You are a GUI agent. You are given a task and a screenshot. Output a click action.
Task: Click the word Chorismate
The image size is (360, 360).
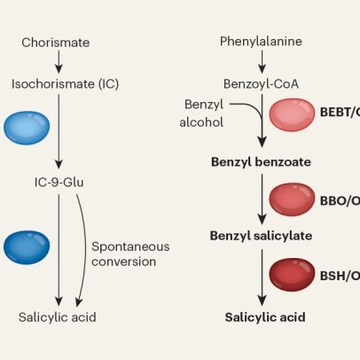coord(56,43)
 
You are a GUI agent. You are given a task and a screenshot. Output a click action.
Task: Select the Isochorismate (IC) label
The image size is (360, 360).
coord(65,84)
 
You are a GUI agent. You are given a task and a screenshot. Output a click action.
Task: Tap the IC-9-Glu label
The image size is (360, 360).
coord(59,182)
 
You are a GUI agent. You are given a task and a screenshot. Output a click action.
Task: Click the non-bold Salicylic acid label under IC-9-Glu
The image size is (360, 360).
coord(58,317)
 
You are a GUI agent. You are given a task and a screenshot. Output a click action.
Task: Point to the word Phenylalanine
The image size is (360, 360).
coord(261,42)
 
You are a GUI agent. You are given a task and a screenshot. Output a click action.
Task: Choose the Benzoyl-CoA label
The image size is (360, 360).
coord(261,84)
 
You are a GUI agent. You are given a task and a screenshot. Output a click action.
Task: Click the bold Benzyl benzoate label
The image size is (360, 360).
coord(261,162)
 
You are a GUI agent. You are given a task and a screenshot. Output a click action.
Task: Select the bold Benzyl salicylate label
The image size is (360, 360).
coord(261,236)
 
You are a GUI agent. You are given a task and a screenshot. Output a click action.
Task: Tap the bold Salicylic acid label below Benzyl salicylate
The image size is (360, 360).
coord(265,317)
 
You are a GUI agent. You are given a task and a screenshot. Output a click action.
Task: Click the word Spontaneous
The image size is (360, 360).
coord(130,247)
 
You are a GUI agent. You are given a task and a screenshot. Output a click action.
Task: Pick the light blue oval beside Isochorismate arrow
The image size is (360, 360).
coord(27,128)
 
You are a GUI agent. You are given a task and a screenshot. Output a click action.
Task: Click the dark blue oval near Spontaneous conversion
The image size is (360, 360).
coord(27,247)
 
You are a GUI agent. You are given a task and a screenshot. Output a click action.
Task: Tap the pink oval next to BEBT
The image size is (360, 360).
coord(292,114)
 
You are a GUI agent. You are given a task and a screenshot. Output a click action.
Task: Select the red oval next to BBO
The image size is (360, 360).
coord(292,200)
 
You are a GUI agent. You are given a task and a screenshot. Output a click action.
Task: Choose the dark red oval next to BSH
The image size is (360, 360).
coord(292,275)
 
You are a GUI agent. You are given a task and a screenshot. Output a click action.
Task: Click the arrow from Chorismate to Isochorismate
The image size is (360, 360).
coord(59,62)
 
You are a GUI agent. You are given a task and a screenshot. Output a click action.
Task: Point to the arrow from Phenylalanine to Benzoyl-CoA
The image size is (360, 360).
coord(262,62)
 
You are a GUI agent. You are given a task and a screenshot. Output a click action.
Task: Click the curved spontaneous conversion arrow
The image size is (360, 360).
coord(86,250)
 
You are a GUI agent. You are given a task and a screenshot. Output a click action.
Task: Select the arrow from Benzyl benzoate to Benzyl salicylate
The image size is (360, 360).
coord(262,200)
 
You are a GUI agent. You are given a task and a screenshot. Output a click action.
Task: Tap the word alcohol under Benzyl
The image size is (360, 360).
coord(201,122)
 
